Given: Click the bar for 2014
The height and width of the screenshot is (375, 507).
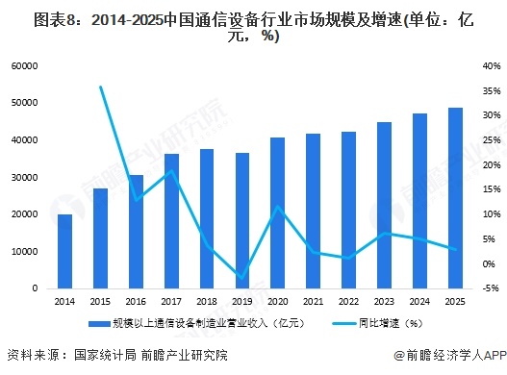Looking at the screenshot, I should [64, 251].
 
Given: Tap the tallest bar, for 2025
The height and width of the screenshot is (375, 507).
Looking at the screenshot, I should [456, 198].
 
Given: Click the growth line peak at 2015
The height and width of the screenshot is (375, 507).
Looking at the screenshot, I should [101, 87].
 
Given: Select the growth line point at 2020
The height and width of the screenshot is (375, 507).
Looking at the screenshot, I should [278, 207].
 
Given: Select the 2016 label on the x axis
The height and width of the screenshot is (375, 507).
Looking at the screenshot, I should [137, 301].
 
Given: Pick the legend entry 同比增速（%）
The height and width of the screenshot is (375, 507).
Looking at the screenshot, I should [386, 323].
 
